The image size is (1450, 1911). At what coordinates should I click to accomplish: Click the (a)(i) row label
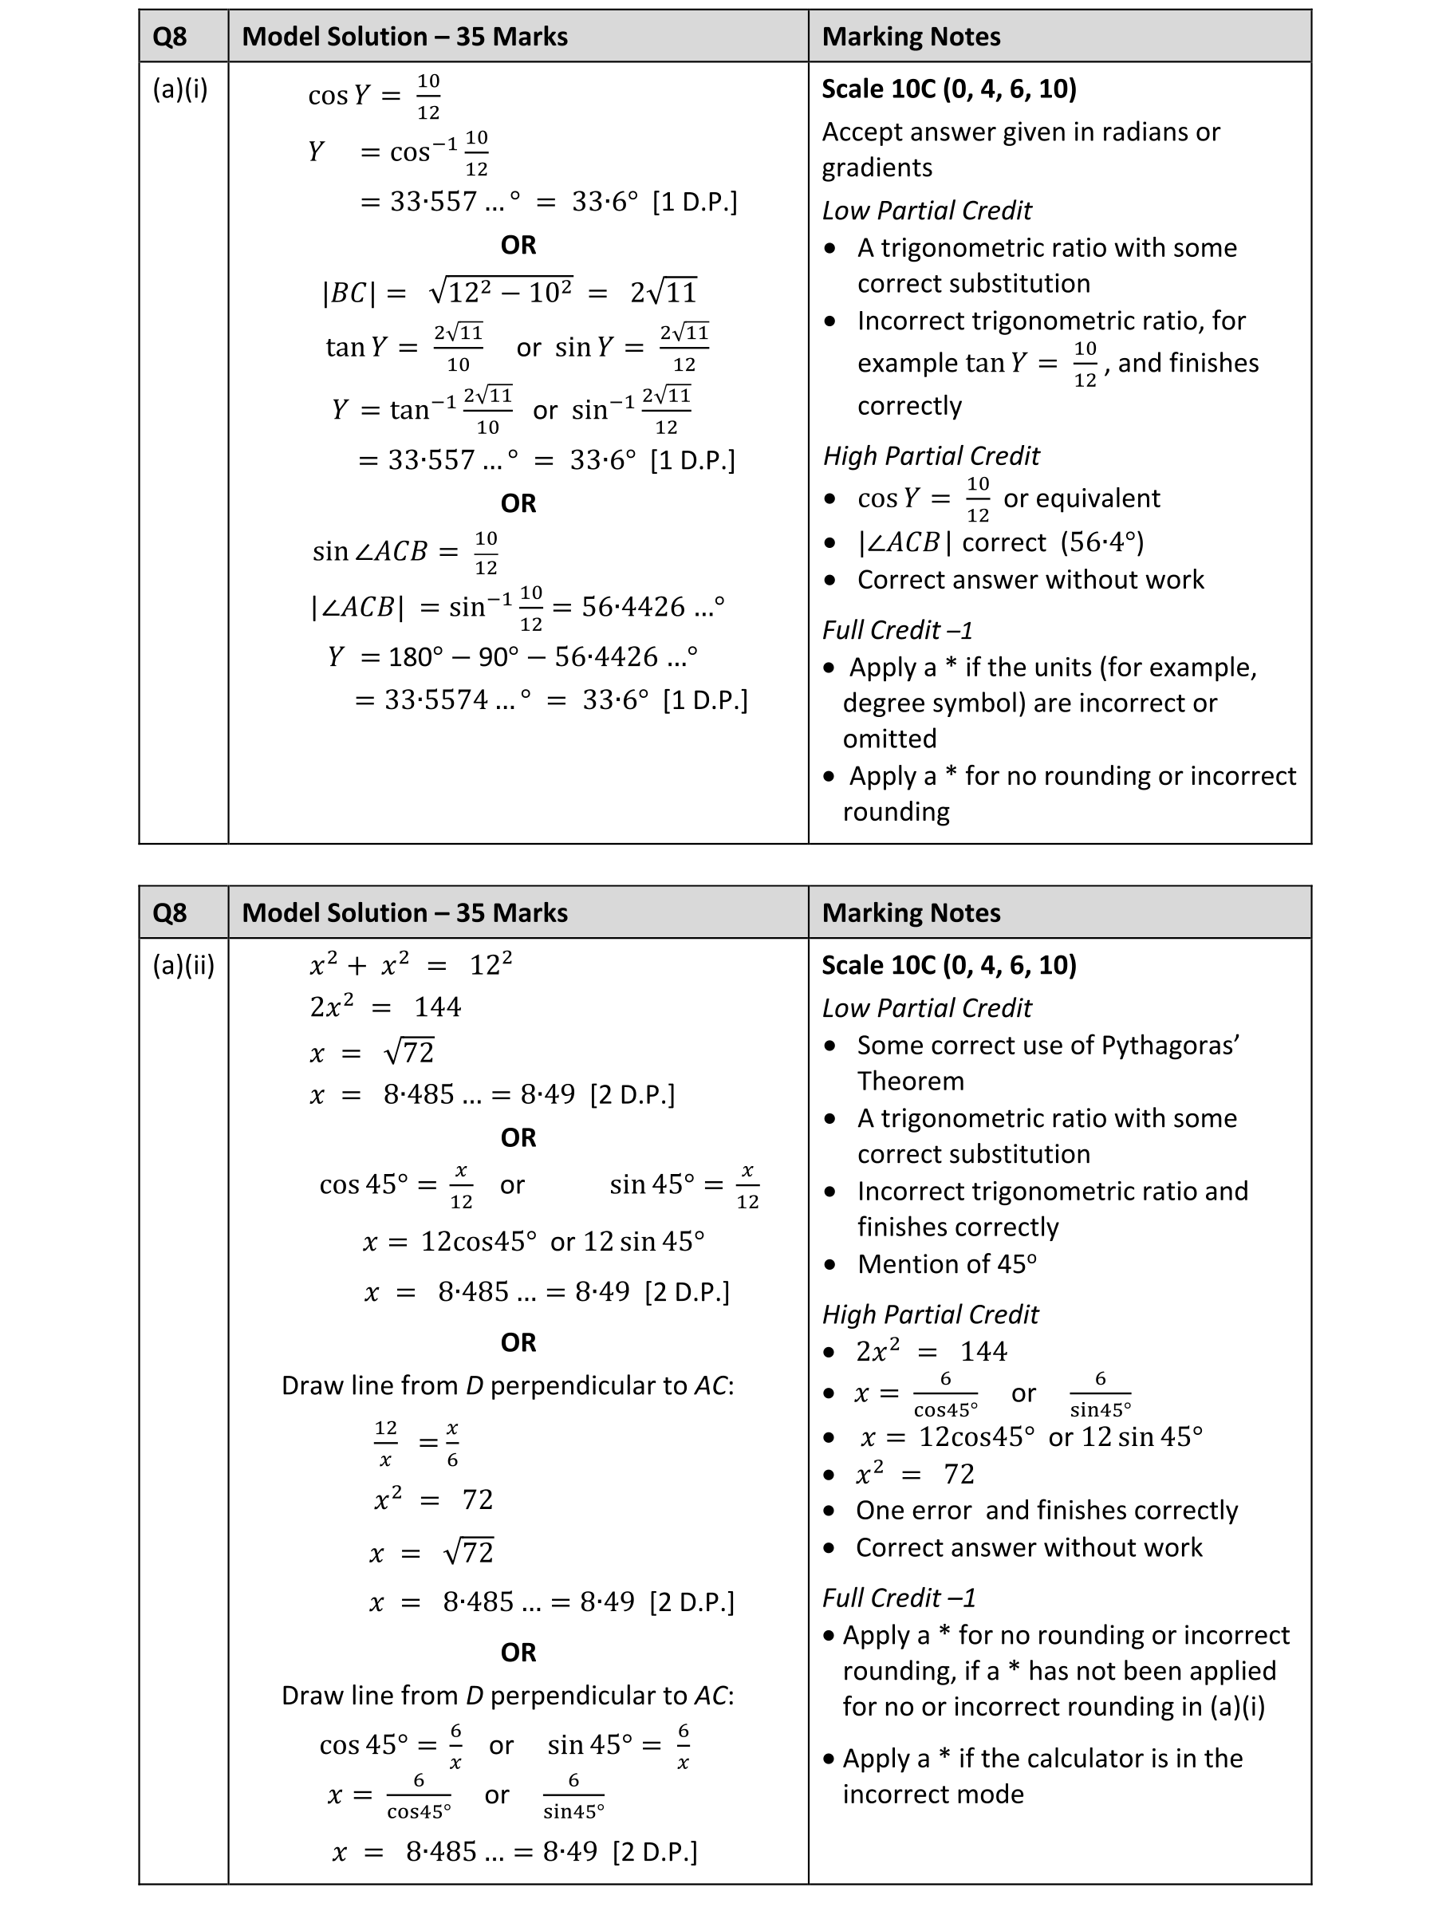pos(179,89)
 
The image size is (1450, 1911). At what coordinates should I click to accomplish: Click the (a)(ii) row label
pos(183,965)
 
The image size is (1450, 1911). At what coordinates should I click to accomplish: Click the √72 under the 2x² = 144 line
pos(408,1052)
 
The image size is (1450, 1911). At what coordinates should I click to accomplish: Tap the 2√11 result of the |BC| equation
pos(663,292)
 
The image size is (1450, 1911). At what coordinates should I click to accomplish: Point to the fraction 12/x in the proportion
pos(385,1444)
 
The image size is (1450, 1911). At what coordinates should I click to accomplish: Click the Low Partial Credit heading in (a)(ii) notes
pos(926,1008)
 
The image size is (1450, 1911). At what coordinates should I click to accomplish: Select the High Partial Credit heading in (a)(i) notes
pos(931,455)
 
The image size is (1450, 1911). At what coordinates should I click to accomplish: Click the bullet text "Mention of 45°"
pos(946,1264)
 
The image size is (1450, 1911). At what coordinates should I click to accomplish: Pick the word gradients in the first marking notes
pos(877,167)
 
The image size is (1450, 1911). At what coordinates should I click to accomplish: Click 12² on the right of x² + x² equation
pos(490,964)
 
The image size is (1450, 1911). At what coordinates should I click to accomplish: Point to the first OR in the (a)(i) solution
pos(518,246)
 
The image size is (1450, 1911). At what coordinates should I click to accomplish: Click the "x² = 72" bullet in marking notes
pos(914,1474)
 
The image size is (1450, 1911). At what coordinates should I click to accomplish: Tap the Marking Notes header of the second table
pos(911,913)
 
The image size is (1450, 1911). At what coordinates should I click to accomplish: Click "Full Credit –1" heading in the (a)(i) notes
pos(897,630)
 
